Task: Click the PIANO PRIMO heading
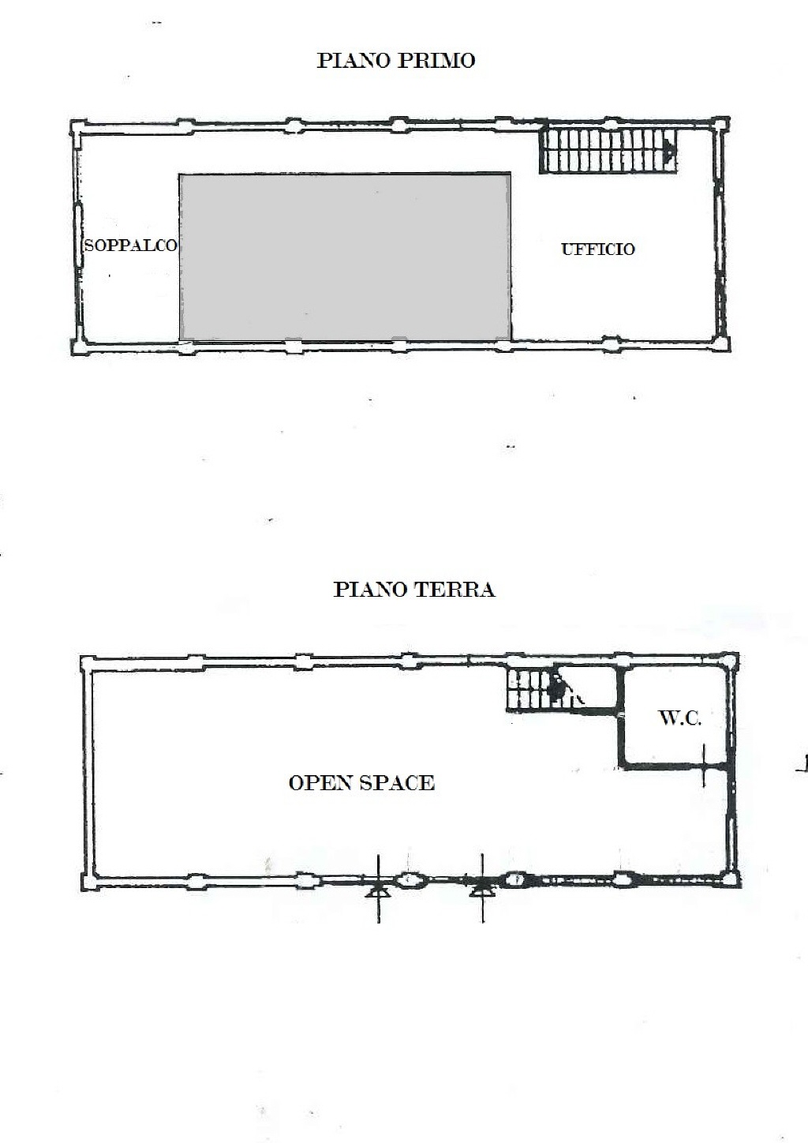coord(396,61)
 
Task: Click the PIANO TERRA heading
coord(413,590)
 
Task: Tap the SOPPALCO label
coord(130,245)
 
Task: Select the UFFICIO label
coord(598,249)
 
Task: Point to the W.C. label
coord(680,718)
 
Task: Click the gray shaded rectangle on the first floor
coord(345,257)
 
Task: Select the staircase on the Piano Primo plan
coord(608,150)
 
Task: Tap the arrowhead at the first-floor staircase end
coord(671,151)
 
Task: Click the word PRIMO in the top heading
coord(436,61)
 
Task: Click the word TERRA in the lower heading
coord(454,590)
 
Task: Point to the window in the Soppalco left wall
coord(79,234)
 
